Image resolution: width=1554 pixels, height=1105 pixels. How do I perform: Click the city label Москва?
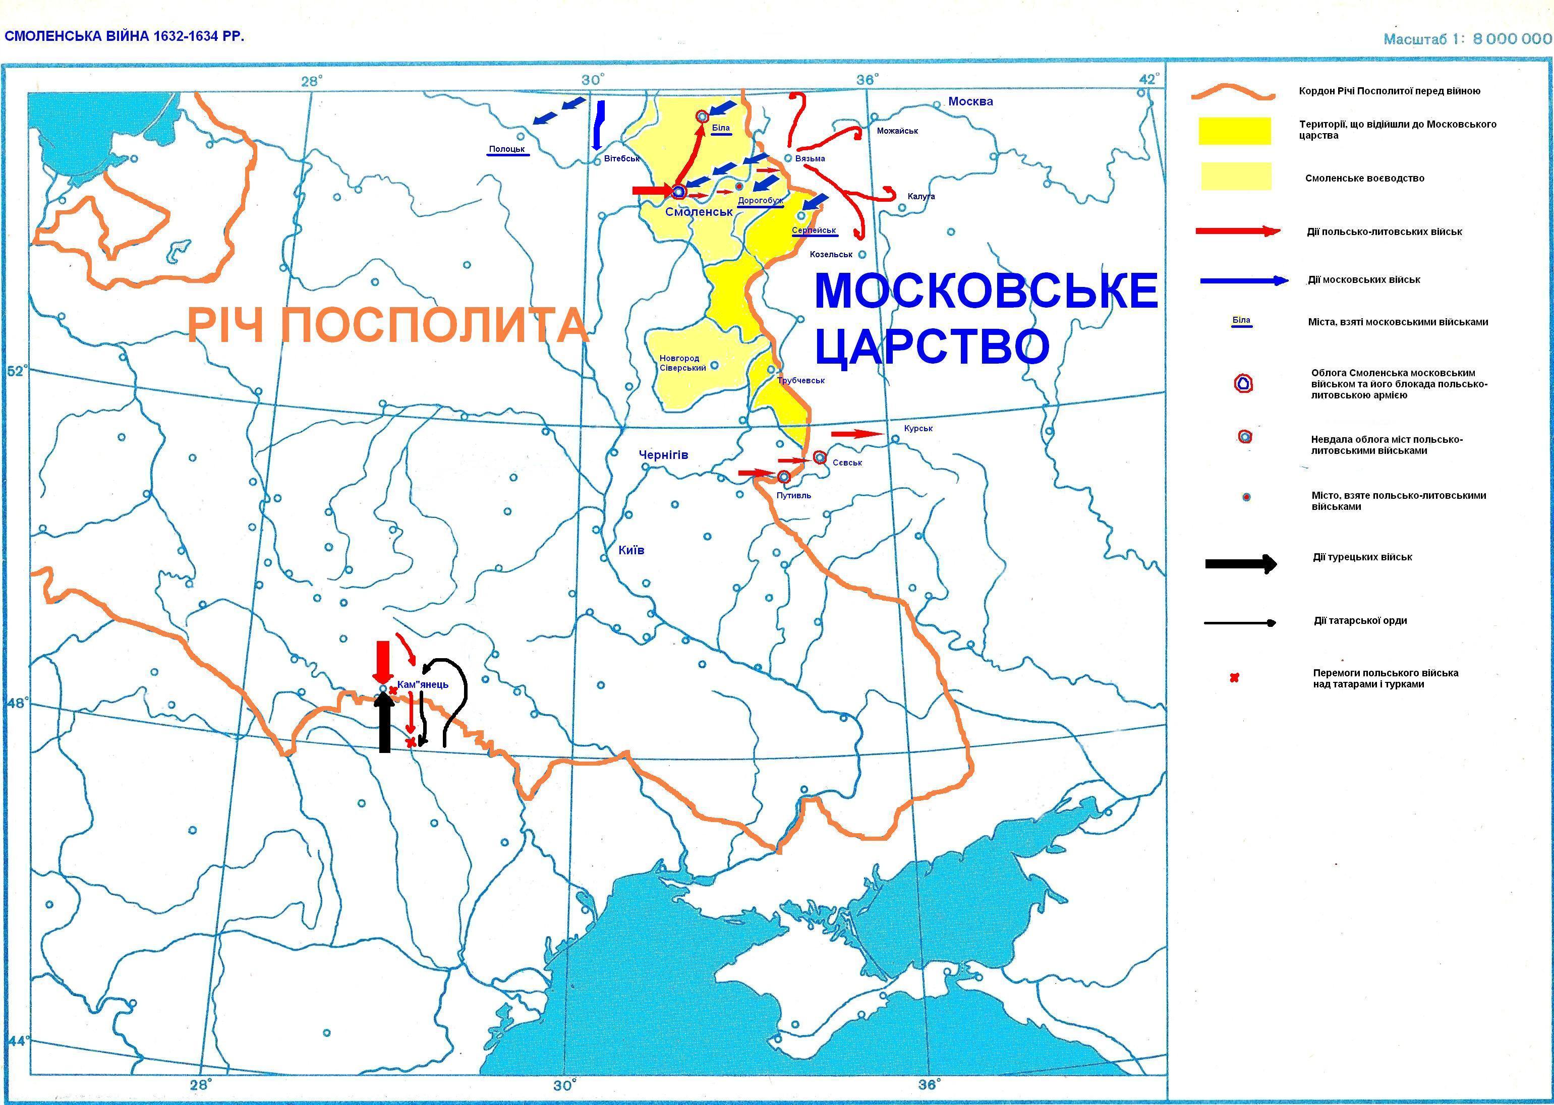(970, 102)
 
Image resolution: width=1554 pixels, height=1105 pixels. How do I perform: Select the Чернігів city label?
(663, 454)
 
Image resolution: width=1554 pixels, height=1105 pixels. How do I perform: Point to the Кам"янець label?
(423, 684)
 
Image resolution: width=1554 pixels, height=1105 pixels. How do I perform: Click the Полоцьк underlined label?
(507, 149)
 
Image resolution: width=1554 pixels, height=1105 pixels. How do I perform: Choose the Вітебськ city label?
(621, 158)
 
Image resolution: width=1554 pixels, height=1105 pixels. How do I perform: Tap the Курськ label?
(918, 429)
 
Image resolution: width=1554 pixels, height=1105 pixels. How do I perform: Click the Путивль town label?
(793, 495)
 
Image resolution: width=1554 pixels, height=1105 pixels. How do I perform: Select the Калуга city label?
(920, 197)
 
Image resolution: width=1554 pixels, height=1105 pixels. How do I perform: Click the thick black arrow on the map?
(384, 725)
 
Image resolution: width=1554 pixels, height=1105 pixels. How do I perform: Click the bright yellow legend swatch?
(1234, 131)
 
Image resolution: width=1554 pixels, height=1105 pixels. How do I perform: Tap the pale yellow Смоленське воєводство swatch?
(1236, 176)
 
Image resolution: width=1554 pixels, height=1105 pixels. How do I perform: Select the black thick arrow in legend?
(1240, 563)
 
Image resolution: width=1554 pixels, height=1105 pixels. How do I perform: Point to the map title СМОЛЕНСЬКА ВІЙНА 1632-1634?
(124, 36)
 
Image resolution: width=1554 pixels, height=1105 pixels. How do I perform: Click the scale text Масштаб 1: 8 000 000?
(1467, 39)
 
